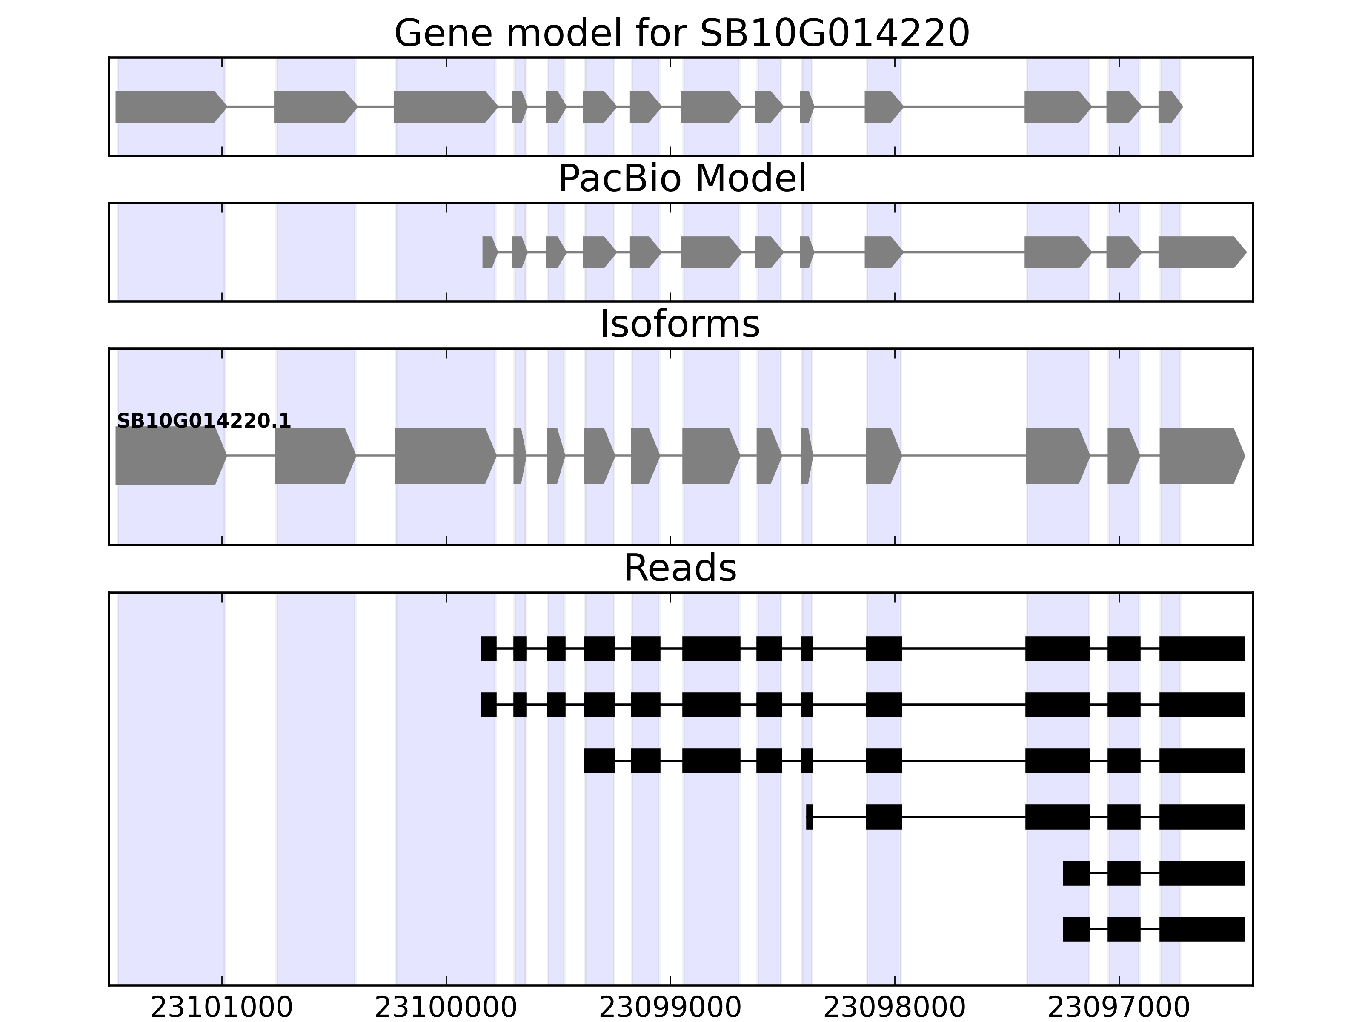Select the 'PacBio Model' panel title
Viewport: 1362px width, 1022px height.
tap(681, 179)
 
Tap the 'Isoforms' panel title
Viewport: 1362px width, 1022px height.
tap(680, 324)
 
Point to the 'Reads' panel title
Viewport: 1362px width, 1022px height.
tap(680, 568)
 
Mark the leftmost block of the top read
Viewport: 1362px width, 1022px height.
tap(488, 649)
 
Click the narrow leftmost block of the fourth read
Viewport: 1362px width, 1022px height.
tap(810, 817)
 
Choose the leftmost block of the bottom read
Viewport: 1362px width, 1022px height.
tap(1076, 929)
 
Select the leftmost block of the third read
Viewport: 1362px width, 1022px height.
tap(599, 761)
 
